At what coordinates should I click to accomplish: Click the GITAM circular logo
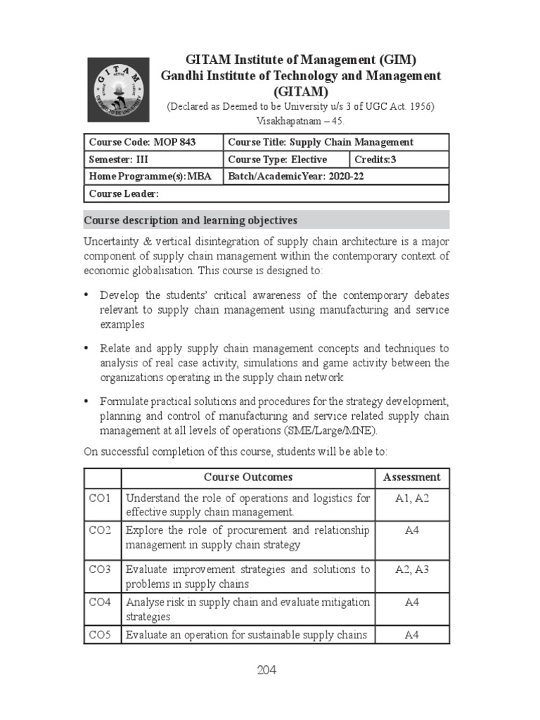click(118, 89)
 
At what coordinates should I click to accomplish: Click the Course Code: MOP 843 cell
click(153, 142)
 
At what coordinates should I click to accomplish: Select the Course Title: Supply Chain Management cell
click(335, 142)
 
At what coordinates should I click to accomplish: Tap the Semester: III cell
click(153, 160)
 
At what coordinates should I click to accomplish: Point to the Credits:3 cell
click(399, 160)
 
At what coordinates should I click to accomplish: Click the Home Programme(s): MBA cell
click(153, 176)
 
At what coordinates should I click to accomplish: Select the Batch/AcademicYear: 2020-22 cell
click(335, 176)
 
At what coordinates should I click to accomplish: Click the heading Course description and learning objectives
click(191, 220)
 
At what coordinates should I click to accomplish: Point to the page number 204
click(266, 670)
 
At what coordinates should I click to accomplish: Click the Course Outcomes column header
click(248, 477)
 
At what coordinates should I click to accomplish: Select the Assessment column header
click(411, 477)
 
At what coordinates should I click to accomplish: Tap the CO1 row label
click(100, 499)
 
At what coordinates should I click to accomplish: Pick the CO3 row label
click(100, 570)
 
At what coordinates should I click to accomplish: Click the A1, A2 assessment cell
click(411, 499)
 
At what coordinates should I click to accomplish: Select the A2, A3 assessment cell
click(411, 570)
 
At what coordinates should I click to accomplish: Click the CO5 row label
click(100, 635)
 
